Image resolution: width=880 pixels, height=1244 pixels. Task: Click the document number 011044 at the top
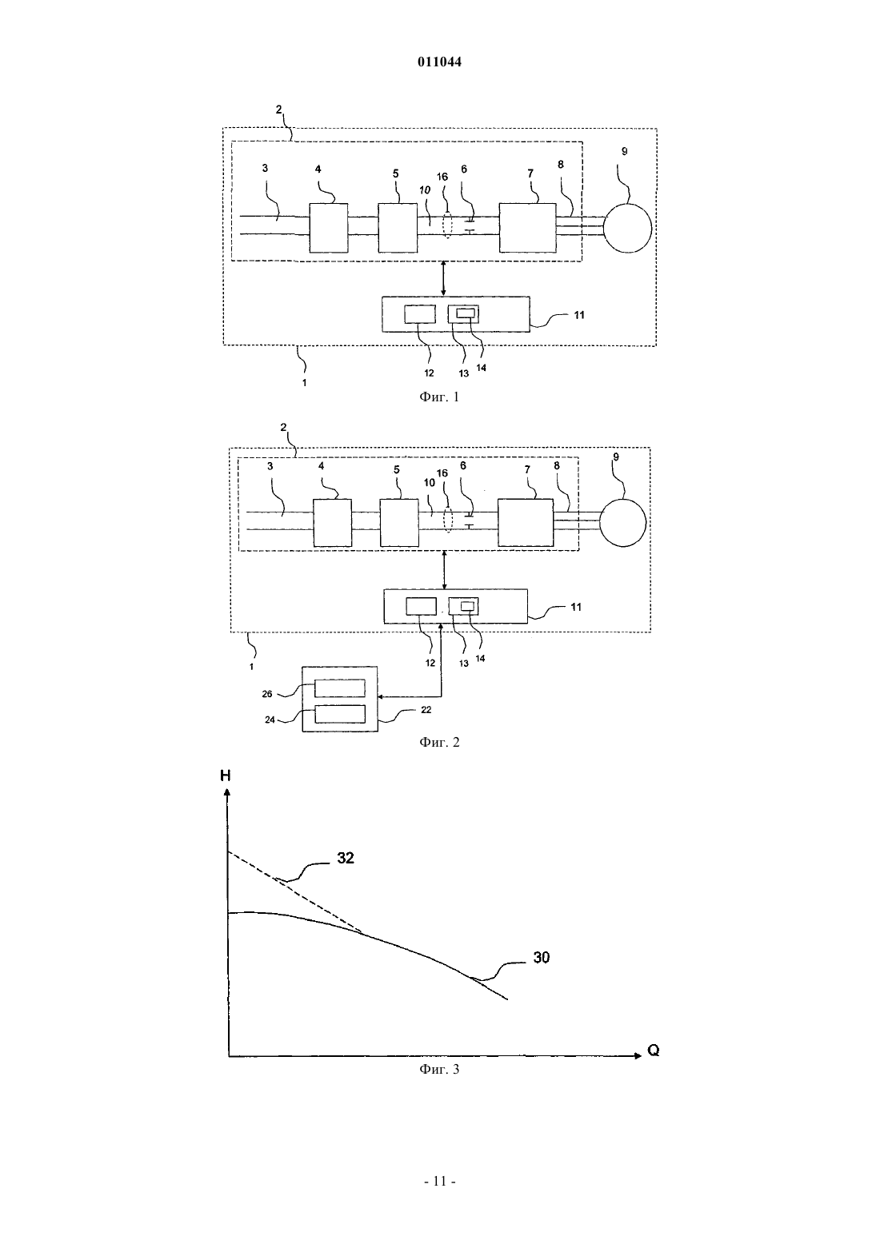(439, 62)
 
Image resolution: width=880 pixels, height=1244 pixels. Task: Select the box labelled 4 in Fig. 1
(328, 228)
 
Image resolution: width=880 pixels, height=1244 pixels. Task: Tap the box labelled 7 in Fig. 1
(527, 228)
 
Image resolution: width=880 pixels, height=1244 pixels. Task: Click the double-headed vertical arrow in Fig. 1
(442, 278)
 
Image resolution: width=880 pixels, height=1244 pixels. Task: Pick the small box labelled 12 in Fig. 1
(419, 314)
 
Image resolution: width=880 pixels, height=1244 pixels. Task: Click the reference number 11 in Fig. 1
(579, 315)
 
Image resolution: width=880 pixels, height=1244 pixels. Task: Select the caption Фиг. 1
(439, 397)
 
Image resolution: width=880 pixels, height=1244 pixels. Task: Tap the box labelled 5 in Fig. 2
(399, 523)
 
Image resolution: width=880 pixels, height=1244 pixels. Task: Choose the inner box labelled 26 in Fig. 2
(340, 688)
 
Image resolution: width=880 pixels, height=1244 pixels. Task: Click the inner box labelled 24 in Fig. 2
(340, 714)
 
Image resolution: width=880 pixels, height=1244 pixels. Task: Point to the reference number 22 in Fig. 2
(426, 709)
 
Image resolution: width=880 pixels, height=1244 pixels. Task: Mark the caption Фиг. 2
(439, 742)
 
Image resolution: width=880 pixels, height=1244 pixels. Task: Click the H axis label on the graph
(225, 776)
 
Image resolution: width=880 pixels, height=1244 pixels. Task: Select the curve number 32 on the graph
(345, 858)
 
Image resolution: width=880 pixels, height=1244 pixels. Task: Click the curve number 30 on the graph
(541, 958)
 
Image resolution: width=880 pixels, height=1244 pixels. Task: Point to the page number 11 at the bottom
(439, 1181)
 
